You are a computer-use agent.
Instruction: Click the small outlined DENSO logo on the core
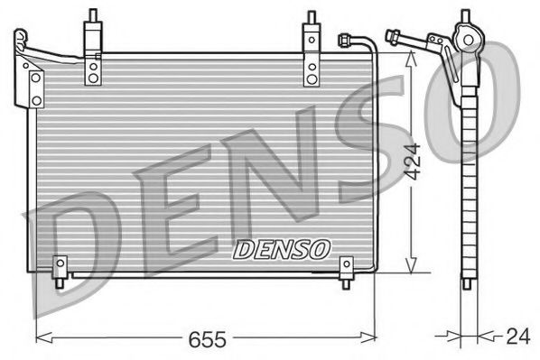tap(283, 248)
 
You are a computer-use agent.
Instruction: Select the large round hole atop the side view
tap(468, 40)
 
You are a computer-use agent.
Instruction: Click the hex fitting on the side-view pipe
tap(394, 37)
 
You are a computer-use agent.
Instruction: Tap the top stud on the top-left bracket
tap(93, 16)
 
